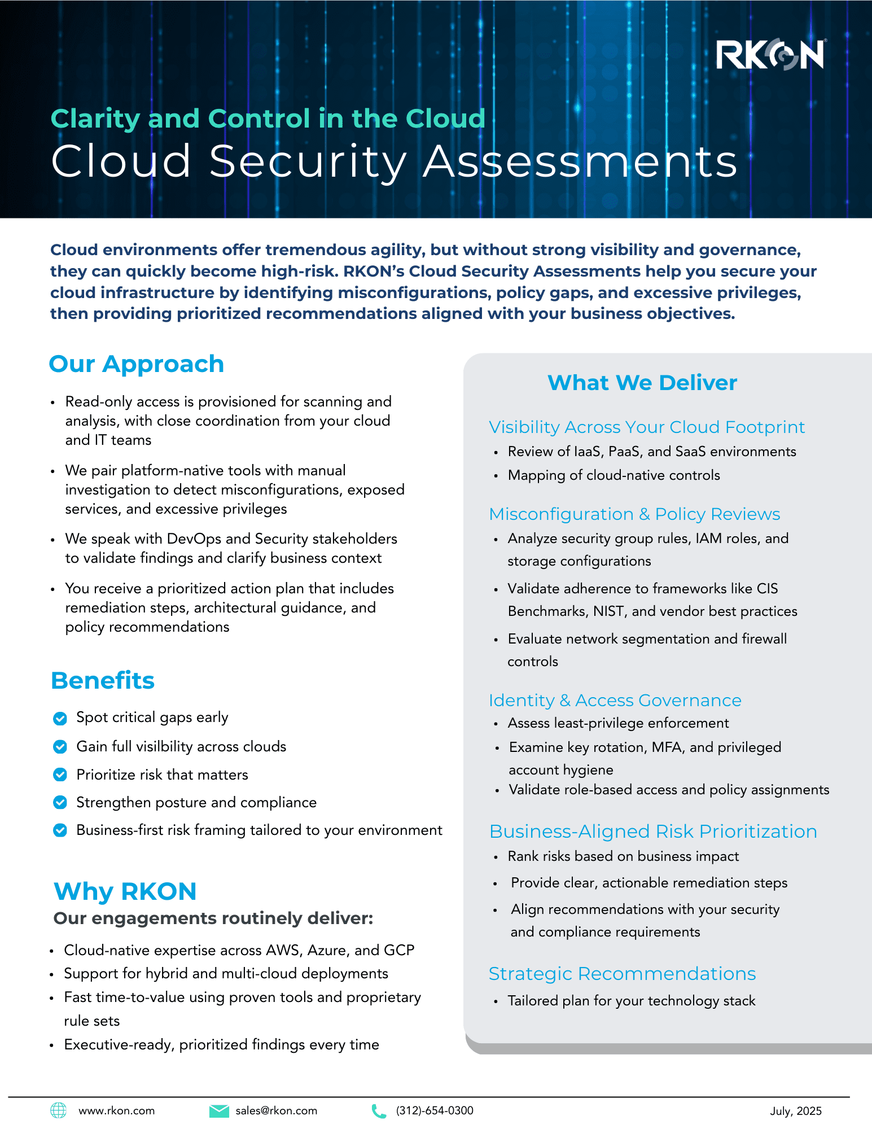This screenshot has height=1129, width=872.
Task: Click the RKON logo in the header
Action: point(771,55)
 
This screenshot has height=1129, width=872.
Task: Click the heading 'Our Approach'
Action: point(137,364)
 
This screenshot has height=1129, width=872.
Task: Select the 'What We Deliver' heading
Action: point(642,383)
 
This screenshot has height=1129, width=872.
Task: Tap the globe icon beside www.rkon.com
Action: point(59,1110)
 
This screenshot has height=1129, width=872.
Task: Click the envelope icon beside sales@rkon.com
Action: point(219,1111)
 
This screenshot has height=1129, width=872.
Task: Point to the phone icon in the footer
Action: point(379,1111)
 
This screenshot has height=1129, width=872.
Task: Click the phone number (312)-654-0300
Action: point(435,1111)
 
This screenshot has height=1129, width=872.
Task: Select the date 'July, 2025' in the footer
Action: point(796,1111)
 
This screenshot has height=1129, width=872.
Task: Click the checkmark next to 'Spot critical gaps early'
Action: point(60,718)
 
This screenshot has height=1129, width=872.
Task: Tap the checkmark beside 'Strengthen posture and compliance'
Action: point(60,802)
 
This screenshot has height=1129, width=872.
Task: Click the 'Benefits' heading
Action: point(103,681)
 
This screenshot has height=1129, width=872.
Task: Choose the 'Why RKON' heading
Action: point(125,891)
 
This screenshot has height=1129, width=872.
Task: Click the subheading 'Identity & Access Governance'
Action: point(615,701)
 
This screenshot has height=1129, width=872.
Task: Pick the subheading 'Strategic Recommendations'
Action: point(622,974)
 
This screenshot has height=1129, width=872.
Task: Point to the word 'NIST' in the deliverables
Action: point(608,611)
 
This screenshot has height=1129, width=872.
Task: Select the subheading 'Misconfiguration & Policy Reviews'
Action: point(634,514)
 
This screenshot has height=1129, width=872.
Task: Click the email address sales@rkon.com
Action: point(277,1111)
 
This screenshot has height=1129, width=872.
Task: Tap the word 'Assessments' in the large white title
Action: point(580,161)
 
